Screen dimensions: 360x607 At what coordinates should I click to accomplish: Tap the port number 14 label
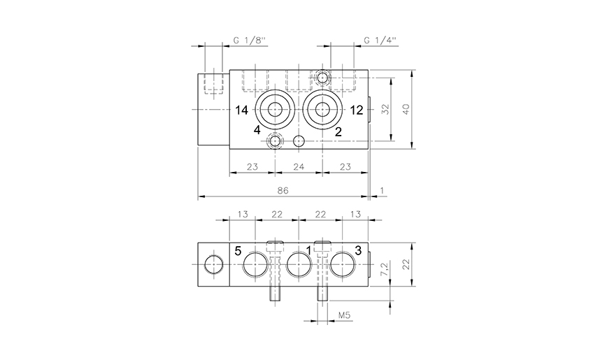tap(242, 110)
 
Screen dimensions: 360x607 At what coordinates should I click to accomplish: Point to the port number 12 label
tap(357, 110)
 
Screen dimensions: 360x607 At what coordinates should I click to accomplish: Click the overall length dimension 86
tap(283, 190)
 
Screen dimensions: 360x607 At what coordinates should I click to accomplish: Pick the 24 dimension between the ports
tap(299, 166)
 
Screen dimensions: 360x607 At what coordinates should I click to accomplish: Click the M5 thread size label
tap(344, 316)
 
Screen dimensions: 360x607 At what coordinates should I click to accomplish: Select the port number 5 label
tap(238, 251)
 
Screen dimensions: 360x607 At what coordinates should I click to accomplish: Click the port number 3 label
tap(357, 251)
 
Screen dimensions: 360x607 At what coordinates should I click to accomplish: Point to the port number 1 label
tap(308, 251)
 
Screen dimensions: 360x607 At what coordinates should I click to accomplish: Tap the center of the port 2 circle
tap(322, 109)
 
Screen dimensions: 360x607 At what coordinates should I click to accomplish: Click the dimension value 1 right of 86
tap(382, 190)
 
